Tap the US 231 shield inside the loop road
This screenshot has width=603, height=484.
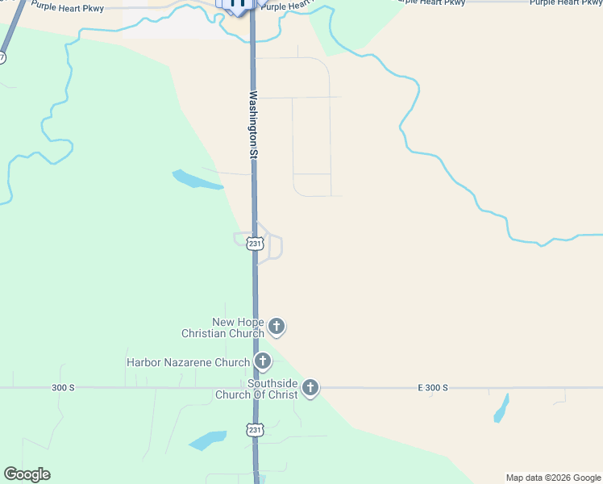click(x=255, y=244)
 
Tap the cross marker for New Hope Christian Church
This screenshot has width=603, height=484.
click(x=277, y=327)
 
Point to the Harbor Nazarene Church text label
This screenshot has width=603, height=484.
click(x=188, y=362)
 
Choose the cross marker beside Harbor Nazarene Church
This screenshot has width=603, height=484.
click(x=262, y=361)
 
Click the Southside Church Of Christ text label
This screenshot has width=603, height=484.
click(x=256, y=389)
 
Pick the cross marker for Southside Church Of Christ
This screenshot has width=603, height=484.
click(x=310, y=389)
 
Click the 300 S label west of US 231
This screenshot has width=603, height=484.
click(x=63, y=388)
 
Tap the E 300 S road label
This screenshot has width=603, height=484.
click(x=433, y=388)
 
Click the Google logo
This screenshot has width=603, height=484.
click(x=27, y=474)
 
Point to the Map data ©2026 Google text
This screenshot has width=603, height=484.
click(x=554, y=478)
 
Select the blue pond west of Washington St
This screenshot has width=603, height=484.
click(x=196, y=180)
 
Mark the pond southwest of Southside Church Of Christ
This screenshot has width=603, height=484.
click(x=207, y=440)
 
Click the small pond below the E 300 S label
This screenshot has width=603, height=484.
click(x=501, y=408)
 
